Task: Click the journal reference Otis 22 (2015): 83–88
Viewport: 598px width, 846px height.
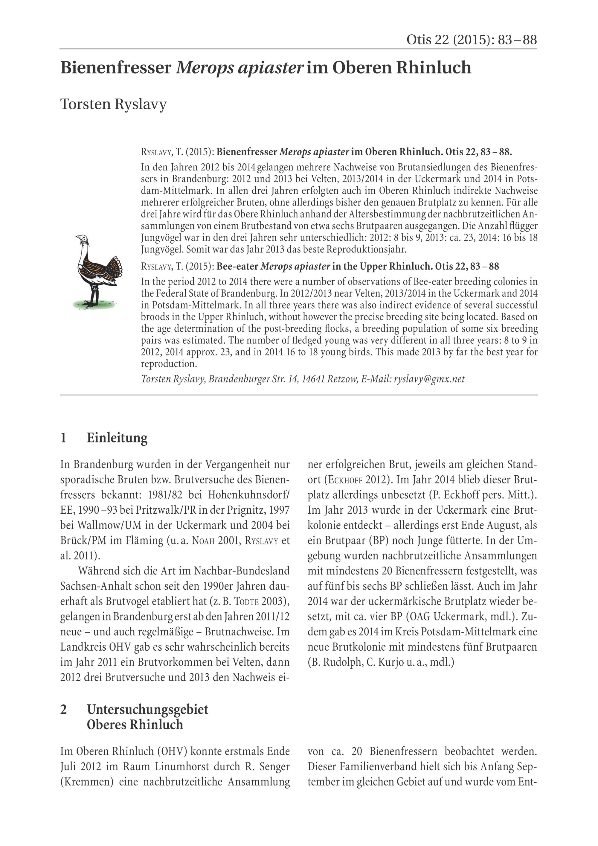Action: [x=471, y=40]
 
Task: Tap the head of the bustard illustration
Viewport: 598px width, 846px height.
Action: [x=83, y=239]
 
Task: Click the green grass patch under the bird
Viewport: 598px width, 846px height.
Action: [x=94, y=304]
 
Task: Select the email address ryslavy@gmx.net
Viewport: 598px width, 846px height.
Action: [x=429, y=379]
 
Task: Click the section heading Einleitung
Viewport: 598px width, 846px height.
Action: [x=117, y=438]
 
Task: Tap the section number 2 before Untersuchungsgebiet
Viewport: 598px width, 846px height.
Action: [x=64, y=709]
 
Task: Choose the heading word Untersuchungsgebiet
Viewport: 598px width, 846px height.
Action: [x=147, y=709]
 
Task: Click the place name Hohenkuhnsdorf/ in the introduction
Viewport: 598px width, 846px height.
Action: [x=249, y=495]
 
